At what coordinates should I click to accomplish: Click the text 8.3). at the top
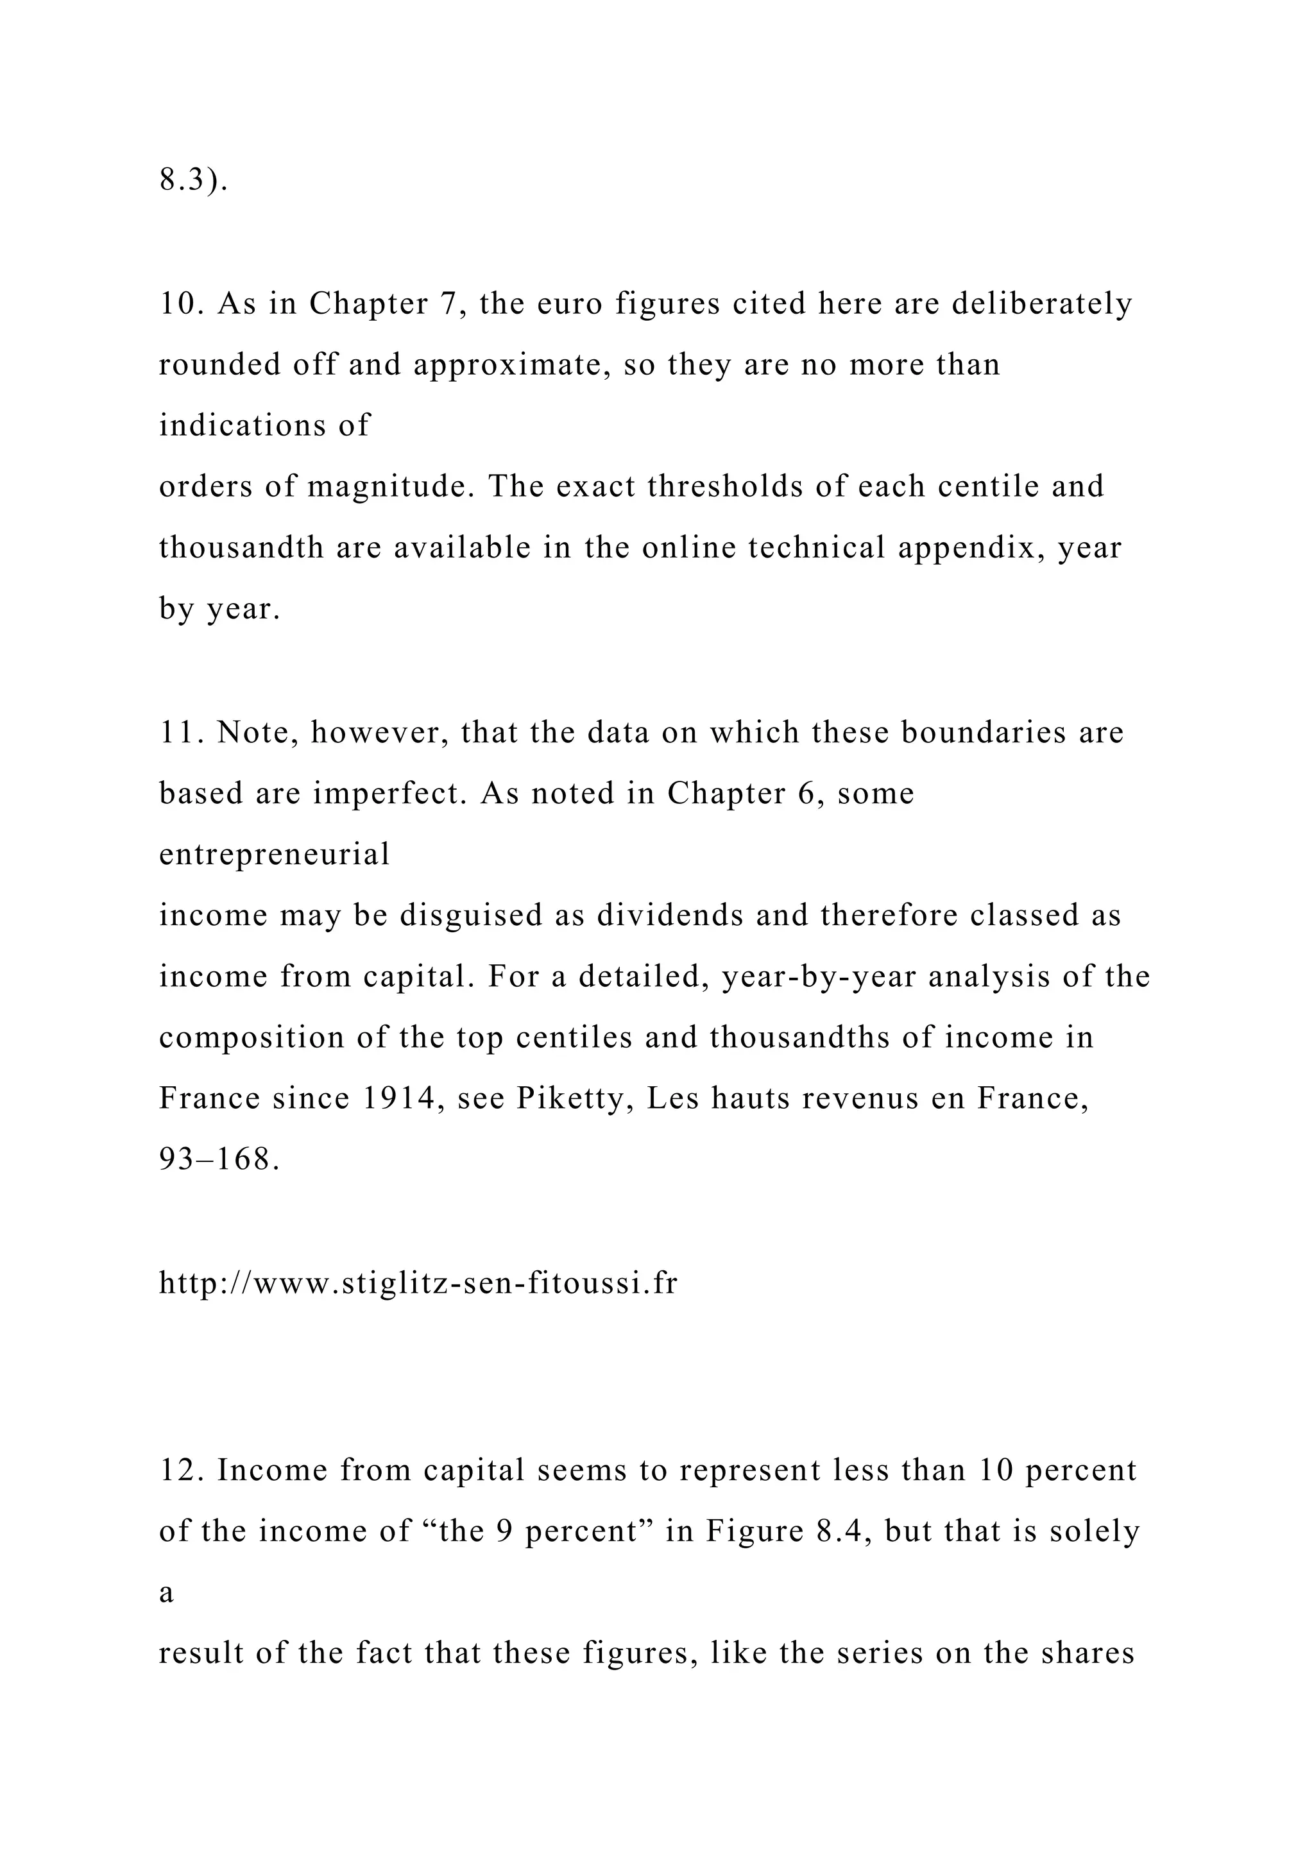[x=193, y=180]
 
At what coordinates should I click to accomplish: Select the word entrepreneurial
[x=275, y=855]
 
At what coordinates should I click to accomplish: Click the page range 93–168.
[x=219, y=1159]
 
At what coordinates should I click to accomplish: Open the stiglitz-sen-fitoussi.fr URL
[x=418, y=1283]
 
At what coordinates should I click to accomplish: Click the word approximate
[x=511, y=365]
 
